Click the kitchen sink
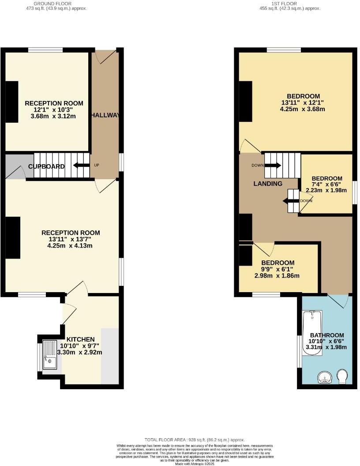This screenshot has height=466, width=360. click(x=49, y=354)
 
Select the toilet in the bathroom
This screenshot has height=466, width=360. click(x=341, y=376)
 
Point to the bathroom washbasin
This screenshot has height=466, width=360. click(x=326, y=378)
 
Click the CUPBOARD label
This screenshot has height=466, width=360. click(x=46, y=166)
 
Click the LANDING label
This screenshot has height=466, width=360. click(x=268, y=184)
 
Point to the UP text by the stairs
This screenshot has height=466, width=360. click(x=97, y=165)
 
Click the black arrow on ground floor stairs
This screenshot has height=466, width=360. click(x=80, y=165)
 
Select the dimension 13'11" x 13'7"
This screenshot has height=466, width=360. click(x=71, y=239)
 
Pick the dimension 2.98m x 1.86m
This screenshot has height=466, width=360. click(x=277, y=276)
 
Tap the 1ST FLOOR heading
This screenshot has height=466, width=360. click(x=289, y=4)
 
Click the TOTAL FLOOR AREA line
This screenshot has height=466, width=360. click(x=194, y=440)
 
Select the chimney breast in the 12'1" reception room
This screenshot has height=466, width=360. click(x=12, y=102)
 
